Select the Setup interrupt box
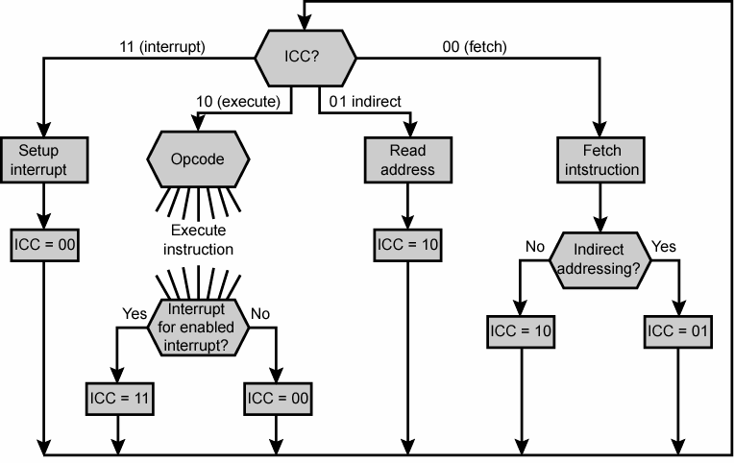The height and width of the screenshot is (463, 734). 44,160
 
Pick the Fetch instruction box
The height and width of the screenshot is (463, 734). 601,160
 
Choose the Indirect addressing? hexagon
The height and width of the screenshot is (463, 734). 601,259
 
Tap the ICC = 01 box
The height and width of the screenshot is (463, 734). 680,332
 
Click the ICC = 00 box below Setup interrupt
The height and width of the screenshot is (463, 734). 45,244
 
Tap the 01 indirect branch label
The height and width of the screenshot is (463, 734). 364,100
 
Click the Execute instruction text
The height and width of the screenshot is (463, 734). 202,240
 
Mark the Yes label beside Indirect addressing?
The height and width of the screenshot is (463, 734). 664,247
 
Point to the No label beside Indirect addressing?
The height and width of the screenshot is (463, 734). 535,247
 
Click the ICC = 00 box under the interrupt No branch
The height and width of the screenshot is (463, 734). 278,397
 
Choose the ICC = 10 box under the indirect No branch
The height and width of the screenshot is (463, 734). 522,332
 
